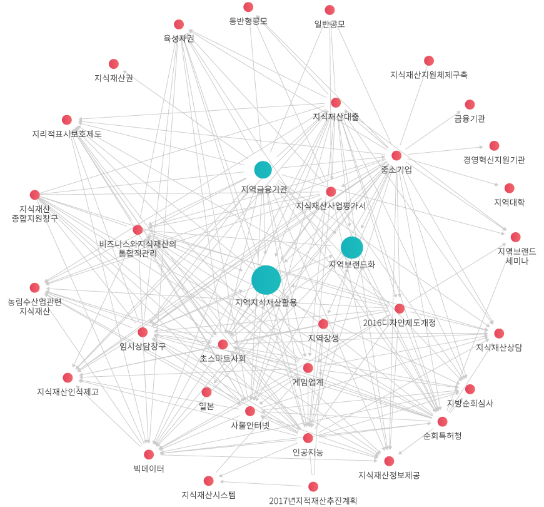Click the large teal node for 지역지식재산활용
[x=266, y=280]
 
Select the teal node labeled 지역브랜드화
[x=351, y=247]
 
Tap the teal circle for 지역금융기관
[x=263, y=170]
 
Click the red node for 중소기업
[x=396, y=155]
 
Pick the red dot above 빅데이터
[x=149, y=454]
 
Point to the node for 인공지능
[x=308, y=438]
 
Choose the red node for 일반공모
[x=330, y=10]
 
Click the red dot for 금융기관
[x=470, y=105]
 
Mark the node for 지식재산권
[x=114, y=64]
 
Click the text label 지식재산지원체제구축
[x=428, y=74]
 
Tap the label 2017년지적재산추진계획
[x=313, y=500]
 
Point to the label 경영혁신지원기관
[x=494, y=160]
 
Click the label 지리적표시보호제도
[x=67, y=133]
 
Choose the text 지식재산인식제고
[x=68, y=392]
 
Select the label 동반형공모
[x=248, y=21]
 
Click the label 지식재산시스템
[x=209, y=495]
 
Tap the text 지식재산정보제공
[x=389, y=475]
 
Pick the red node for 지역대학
[x=509, y=188]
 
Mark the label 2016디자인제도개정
[x=399, y=322]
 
